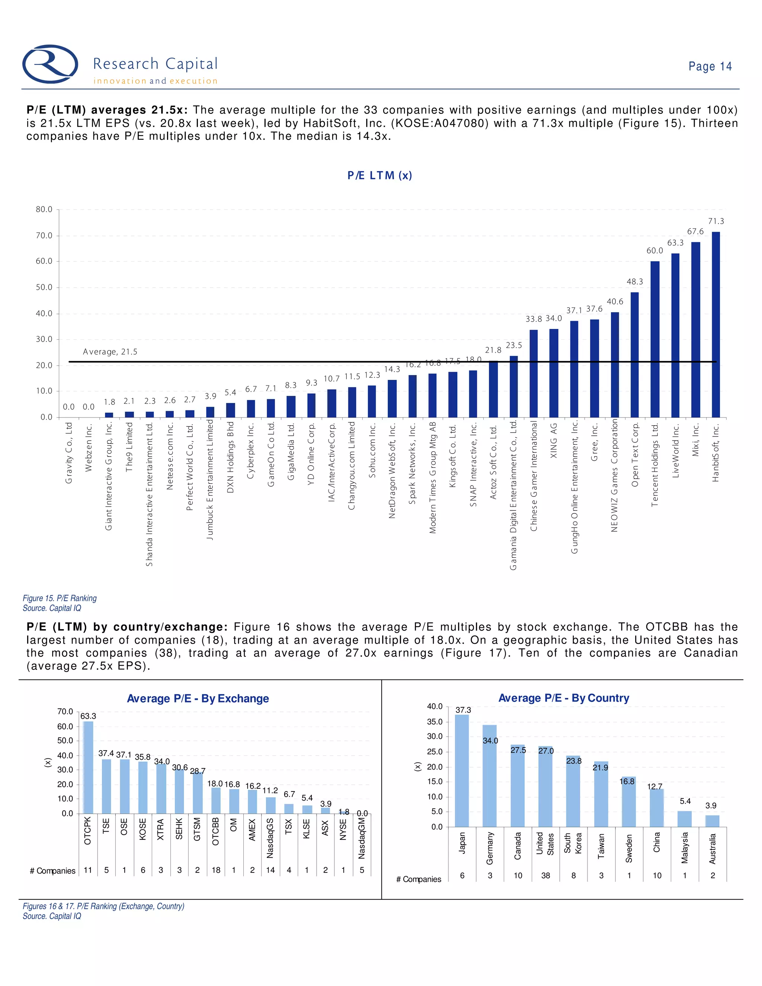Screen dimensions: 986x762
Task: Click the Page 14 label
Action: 710,66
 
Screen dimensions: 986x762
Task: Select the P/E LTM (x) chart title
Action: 380,175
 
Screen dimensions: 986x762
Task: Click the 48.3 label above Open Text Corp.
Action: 634,281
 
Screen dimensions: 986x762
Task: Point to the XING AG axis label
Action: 554,441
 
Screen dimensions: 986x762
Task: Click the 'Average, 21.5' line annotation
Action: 110,352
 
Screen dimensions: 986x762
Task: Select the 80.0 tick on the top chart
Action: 44,209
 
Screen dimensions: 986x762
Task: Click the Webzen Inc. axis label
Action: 89,447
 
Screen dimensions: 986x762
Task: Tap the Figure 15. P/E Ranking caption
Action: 60,598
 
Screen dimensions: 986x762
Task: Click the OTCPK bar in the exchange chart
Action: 88,768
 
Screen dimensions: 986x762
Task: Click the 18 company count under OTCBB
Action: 216,870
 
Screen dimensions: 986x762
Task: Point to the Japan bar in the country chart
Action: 462,771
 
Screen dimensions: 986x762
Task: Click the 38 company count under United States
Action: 545,875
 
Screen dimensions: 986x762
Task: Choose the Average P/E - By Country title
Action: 563,698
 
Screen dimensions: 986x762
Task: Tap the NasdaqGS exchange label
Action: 270,838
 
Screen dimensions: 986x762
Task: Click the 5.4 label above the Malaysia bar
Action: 685,801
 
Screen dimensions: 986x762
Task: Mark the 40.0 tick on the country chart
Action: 435,707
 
